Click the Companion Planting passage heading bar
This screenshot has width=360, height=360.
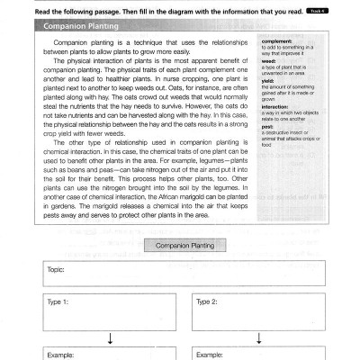(x=82, y=27)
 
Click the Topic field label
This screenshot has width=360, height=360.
(x=56, y=269)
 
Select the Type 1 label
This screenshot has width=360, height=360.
(x=58, y=302)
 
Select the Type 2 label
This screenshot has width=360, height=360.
(x=207, y=302)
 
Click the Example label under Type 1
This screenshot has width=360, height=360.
(x=61, y=355)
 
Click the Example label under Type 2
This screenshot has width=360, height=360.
(x=211, y=355)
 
